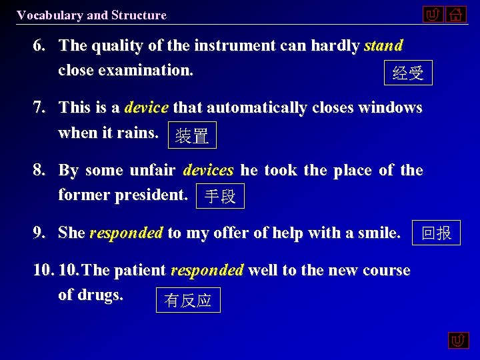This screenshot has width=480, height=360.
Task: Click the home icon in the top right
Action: (x=456, y=14)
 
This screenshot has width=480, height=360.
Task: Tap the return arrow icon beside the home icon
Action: (x=433, y=14)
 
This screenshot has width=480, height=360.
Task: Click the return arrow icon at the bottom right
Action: (x=458, y=341)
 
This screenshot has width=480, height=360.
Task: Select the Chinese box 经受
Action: (x=408, y=73)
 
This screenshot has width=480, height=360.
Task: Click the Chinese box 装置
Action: (x=192, y=136)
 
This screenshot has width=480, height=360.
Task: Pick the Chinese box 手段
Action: (x=220, y=197)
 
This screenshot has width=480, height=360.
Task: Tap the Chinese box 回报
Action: (x=437, y=233)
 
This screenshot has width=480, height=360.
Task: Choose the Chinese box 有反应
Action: (x=188, y=300)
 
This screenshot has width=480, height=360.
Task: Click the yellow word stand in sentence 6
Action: (x=383, y=46)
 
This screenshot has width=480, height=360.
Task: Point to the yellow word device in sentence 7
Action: (x=146, y=107)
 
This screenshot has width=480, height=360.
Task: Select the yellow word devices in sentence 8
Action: (x=209, y=170)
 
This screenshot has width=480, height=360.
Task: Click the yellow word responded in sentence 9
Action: (x=126, y=233)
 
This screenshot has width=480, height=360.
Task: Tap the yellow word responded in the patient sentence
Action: (x=207, y=270)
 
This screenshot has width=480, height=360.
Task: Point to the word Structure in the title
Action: (x=139, y=15)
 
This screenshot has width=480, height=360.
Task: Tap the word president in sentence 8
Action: (x=158, y=195)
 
